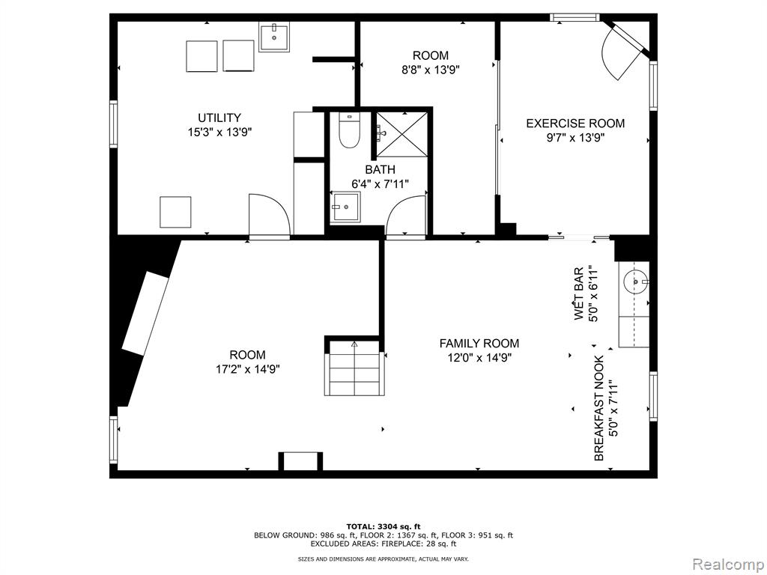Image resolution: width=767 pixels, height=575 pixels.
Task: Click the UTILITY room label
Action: (219, 118)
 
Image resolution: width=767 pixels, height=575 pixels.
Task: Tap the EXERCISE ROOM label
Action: (575, 124)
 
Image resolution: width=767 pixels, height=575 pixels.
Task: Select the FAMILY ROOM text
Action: (479, 344)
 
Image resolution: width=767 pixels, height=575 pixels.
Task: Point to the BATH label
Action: (380, 170)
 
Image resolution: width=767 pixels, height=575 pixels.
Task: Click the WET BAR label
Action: (579, 293)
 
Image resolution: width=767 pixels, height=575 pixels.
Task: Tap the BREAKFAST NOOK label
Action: (599, 408)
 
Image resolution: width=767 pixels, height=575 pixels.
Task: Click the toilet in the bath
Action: (349, 130)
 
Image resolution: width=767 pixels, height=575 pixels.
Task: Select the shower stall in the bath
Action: (401, 135)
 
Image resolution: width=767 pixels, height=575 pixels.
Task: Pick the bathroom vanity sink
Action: (345, 207)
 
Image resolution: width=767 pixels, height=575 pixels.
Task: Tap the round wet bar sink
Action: (635, 282)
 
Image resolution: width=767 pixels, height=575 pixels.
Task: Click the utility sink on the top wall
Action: (274, 36)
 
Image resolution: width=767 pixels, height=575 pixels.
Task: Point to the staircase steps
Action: (352, 368)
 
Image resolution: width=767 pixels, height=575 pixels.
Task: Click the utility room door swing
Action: (270, 214)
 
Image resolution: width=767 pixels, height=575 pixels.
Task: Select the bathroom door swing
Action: (406, 215)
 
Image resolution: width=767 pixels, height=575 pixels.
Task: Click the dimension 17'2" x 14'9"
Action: (247, 368)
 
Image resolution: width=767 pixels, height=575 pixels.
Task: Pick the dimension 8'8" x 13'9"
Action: (431, 70)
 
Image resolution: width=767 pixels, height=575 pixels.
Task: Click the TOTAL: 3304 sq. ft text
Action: (383, 526)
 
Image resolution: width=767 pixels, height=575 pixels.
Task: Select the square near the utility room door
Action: (175, 212)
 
